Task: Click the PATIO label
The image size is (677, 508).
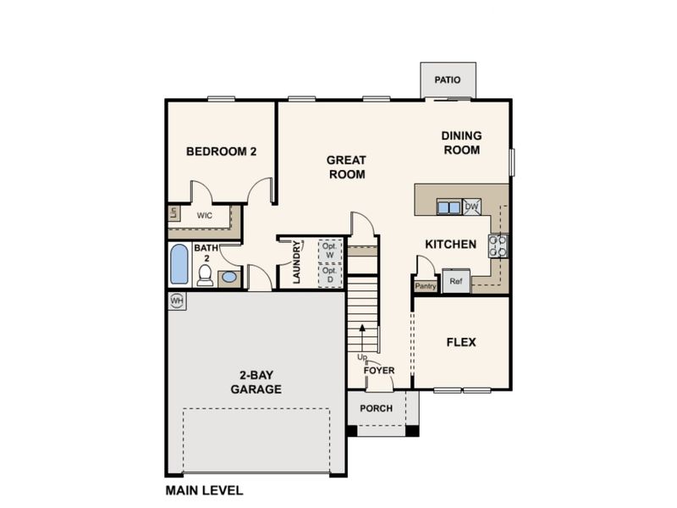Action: (x=448, y=80)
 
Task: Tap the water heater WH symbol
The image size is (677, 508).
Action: (x=177, y=301)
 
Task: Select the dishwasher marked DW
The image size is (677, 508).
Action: (x=471, y=207)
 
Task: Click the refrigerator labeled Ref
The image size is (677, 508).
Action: (x=456, y=281)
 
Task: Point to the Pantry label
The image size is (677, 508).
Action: (x=426, y=286)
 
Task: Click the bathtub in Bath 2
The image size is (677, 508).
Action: (x=179, y=264)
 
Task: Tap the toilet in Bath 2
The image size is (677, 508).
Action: (x=205, y=275)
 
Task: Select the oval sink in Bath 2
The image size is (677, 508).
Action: (x=229, y=277)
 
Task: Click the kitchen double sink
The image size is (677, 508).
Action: (x=449, y=207)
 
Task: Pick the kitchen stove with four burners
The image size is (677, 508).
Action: (x=498, y=246)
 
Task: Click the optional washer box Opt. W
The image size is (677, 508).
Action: (x=330, y=251)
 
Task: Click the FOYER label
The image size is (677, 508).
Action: (x=378, y=371)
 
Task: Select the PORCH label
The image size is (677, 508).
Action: (x=376, y=408)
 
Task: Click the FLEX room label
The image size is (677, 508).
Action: (x=461, y=343)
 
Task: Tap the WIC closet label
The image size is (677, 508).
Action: (x=205, y=215)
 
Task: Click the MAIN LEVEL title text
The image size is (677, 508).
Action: (x=204, y=491)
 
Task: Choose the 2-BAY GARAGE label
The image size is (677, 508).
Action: (x=256, y=382)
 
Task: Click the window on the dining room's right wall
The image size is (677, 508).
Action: (x=512, y=163)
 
